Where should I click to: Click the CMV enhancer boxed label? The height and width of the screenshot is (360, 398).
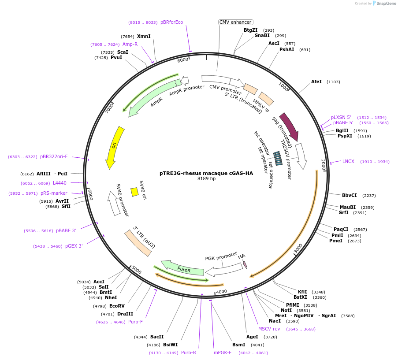(x=236, y=22)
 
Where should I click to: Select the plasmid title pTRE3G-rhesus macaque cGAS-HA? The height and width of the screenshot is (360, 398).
(x=206, y=173)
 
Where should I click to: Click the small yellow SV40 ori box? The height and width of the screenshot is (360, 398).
(x=134, y=192)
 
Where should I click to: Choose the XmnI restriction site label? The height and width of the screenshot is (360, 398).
(x=144, y=36)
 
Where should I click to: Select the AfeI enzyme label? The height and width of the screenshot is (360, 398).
(x=316, y=82)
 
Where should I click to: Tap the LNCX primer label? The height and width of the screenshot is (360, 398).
(x=348, y=161)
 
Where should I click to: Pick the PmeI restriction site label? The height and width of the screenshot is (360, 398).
(x=335, y=241)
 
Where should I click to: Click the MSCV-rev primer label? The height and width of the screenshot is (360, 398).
(x=269, y=329)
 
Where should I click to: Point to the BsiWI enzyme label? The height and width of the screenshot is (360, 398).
(x=171, y=345)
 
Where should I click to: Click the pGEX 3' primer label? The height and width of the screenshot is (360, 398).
(x=74, y=246)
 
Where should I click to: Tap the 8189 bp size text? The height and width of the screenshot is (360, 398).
(x=206, y=179)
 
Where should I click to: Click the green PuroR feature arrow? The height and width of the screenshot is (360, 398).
(x=183, y=268)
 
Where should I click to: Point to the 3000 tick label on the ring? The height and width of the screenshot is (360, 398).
(x=298, y=249)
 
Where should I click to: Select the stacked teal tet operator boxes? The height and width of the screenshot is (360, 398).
(x=278, y=158)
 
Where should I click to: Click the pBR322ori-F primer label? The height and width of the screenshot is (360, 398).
(x=54, y=156)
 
